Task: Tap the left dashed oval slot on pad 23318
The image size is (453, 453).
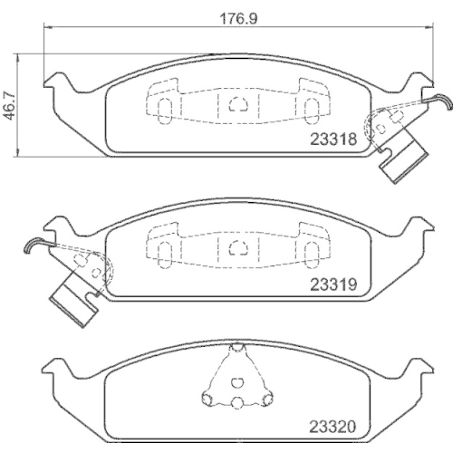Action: (164, 108)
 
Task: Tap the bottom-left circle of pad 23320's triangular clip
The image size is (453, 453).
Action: (210, 397)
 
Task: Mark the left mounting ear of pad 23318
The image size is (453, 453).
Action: (56, 84)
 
